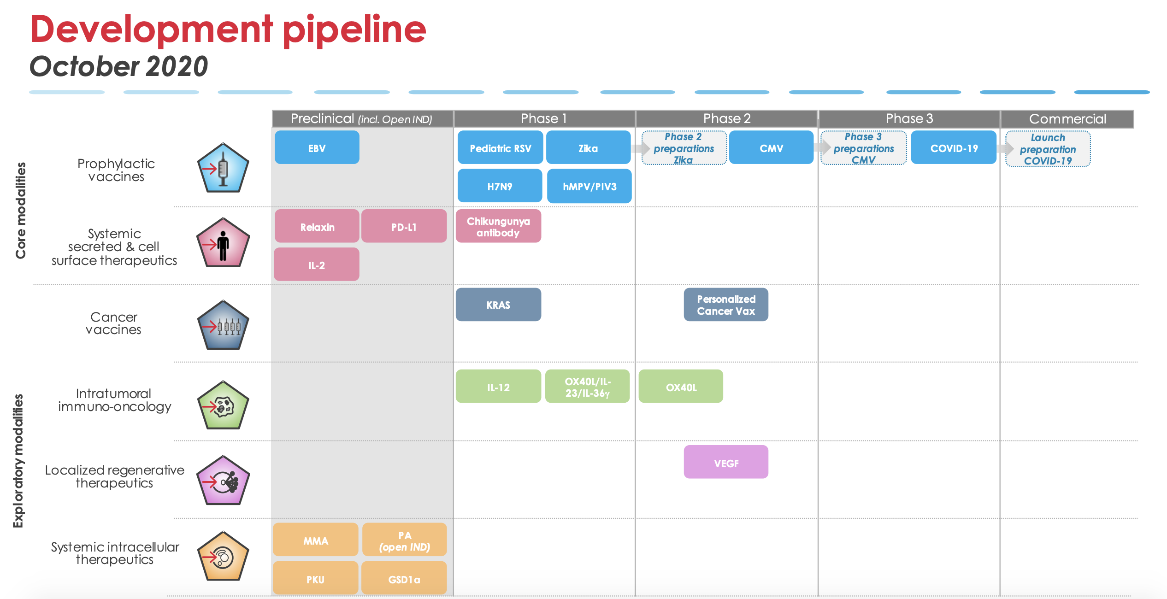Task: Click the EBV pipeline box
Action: [317, 147]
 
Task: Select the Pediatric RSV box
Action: [500, 147]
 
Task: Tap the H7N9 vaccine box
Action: [500, 186]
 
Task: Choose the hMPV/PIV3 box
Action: [589, 186]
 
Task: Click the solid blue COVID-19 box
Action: [954, 147]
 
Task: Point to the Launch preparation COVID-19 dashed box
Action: [1048, 149]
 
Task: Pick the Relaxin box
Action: [317, 226]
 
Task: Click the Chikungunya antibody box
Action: [498, 226]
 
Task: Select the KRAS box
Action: [498, 305]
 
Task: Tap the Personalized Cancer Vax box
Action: [726, 305]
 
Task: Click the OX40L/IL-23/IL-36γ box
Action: [587, 386]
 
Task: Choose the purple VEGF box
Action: [726, 462]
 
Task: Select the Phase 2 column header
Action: [727, 119]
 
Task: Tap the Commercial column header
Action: [1067, 119]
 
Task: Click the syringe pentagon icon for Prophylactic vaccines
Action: [223, 168]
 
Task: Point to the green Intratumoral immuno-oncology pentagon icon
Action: [223, 405]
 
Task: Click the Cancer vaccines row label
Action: [113, 323]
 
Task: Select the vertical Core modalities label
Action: [21, 210]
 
